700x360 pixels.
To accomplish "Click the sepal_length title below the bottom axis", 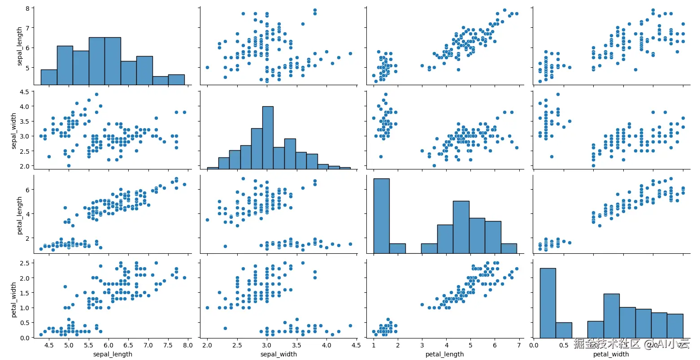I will point(113,354).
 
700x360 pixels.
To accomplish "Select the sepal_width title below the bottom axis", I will point(278,354).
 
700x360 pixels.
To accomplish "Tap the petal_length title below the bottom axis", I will point(444,354).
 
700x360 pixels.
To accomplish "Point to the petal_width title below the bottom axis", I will point(611,354).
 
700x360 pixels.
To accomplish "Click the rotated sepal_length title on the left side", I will point(19,46).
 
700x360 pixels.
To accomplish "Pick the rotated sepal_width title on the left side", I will point(13,131).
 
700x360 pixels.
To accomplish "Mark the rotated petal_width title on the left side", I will point(13,300).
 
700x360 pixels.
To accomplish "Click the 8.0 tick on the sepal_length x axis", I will point(187,345).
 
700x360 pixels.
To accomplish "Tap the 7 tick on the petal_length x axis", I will point(519,345).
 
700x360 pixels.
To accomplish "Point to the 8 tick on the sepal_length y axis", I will point(28,8).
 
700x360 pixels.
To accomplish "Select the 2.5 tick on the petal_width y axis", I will point(25,263).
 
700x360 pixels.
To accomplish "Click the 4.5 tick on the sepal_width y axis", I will point(25,92).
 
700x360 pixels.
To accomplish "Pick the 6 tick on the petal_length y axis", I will point(28,190).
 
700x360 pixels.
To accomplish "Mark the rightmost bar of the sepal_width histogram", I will point(345,168).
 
